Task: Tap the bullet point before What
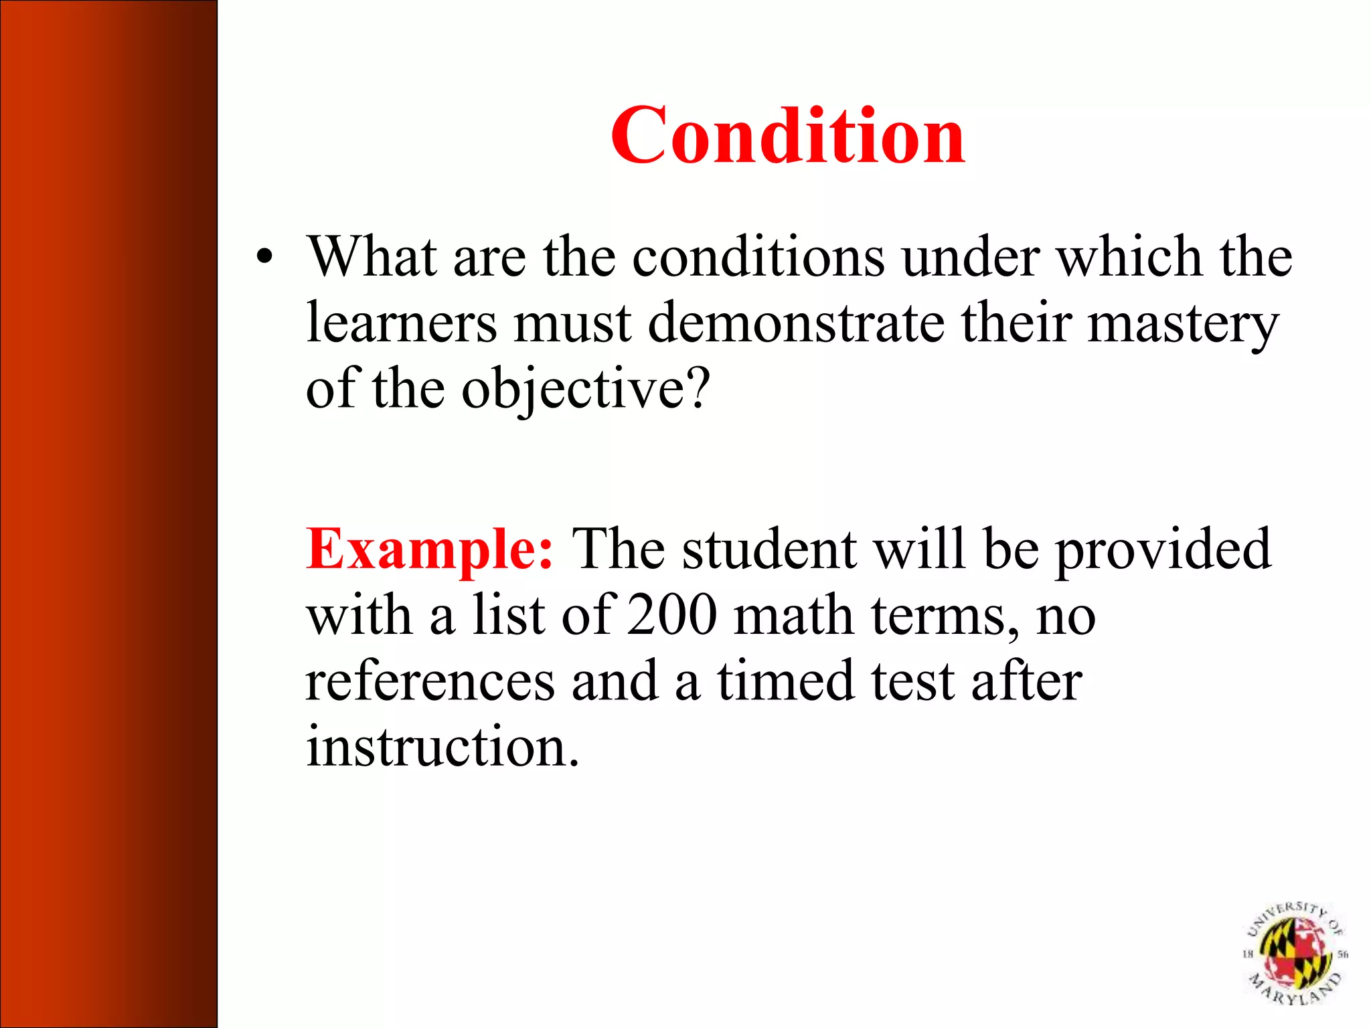click(265, 258)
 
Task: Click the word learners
click(402, 323)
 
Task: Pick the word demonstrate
click(797, 323)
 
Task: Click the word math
click(793, 615)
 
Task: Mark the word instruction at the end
click(442, 746)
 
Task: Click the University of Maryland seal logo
click(1295, 953)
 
